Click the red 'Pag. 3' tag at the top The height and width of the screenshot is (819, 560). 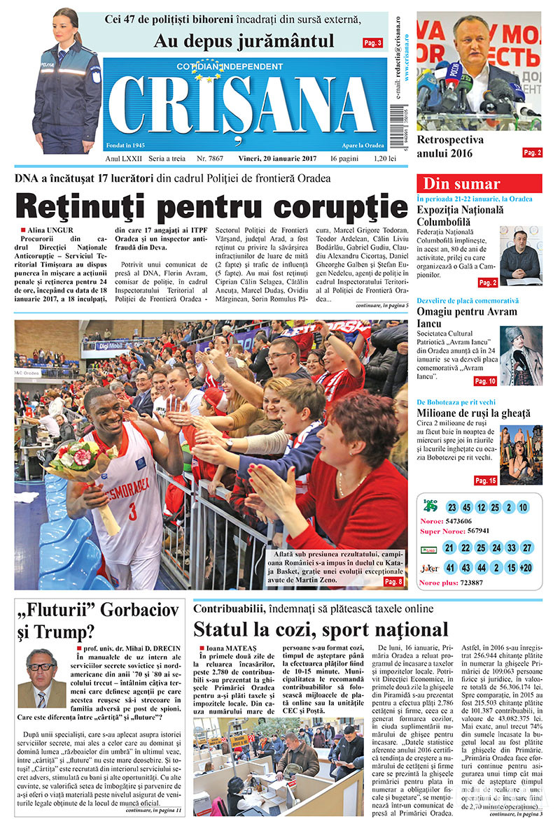pyautogui.click(x=372, y=43)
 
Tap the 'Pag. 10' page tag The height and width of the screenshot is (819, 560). pyautogui.click(x=485, y=381)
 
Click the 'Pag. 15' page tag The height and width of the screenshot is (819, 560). pyautogui.click(x=485, y=480)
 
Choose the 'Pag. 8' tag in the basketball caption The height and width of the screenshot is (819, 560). pyautogui.click(x=393, y=581)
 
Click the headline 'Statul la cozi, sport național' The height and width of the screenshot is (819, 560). pyautogui.click(x=321, y=628)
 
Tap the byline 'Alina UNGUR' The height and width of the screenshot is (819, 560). pyautogui.click(x=51, y=229)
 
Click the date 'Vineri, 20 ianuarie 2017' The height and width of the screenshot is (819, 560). pyautogui.click(x=277, y=159)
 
